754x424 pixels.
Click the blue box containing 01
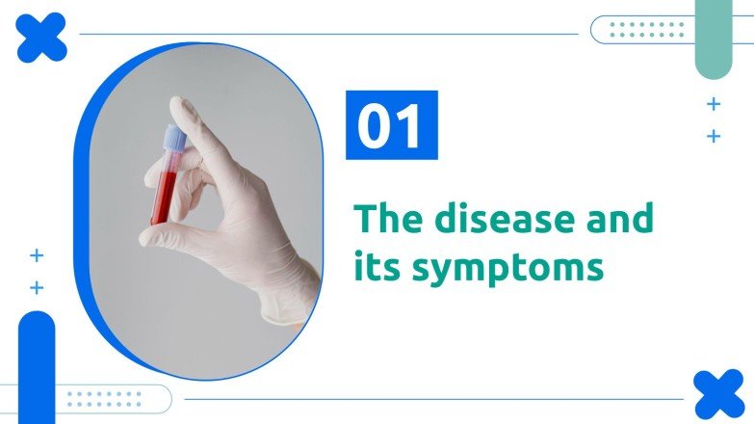click(x=392, y=124)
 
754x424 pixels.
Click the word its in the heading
click(x=377, y=265)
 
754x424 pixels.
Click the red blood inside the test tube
click(x=162, y=198)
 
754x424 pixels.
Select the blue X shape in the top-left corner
click(x=41, y=39)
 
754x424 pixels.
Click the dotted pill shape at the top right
click(x=639, y=30)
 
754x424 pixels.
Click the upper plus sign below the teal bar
click(x=714, y=104)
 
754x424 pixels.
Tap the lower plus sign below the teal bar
click(x=714, y=137)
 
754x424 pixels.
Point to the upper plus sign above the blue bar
click(x=37, y=255)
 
